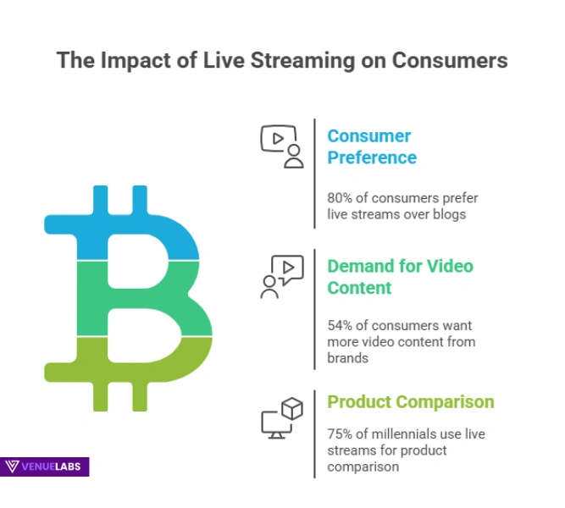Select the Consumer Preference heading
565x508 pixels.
(x=372, y=146)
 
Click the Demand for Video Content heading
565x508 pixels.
(x=400, y=277)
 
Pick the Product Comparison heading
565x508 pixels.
(x=411, y=401)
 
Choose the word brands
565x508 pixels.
(x=347, y=358)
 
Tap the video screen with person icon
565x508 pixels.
(x=281, y=146)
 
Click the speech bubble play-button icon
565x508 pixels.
(x=281, y=276)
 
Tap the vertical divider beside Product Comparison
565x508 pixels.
(x=315, y=433)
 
